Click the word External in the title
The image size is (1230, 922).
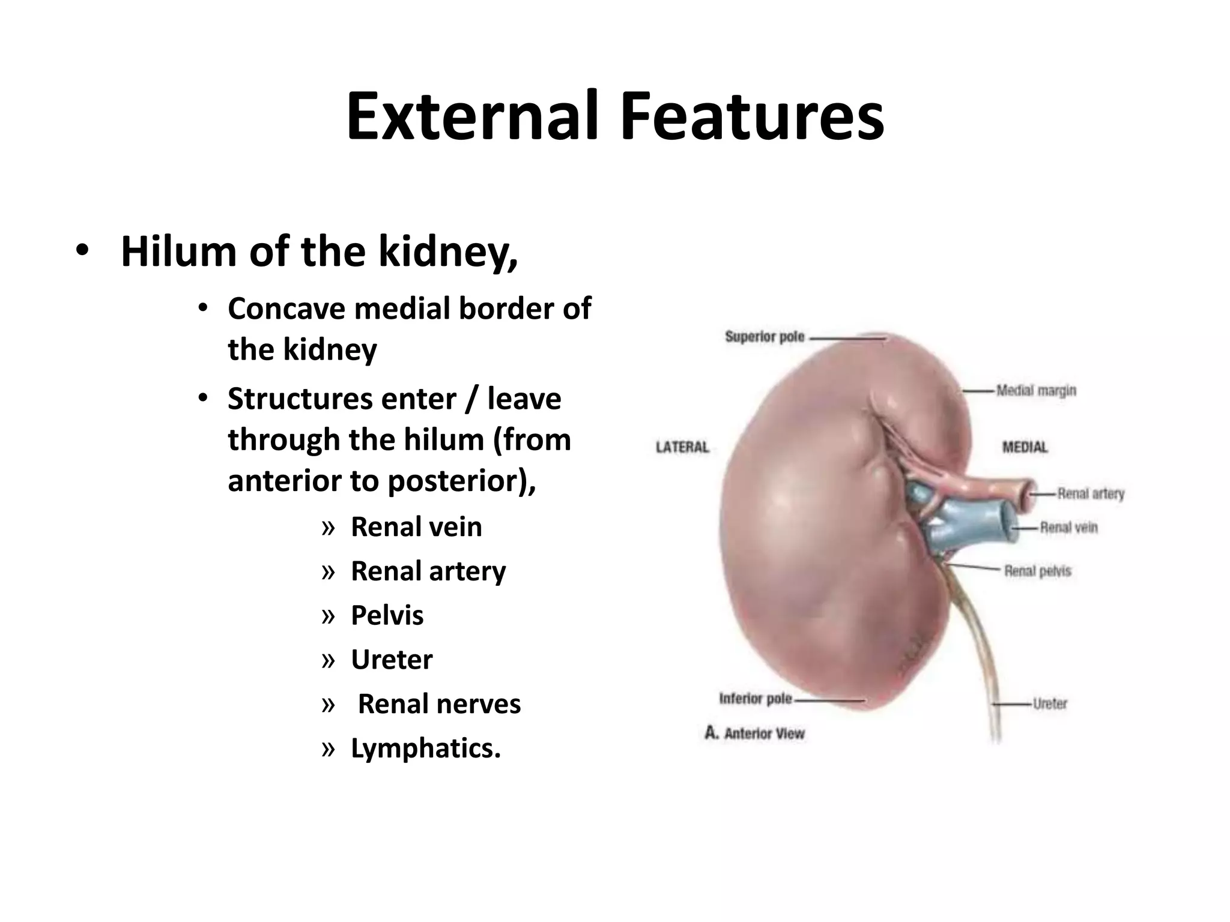point(472,116)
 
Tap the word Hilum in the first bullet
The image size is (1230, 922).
point(179,252)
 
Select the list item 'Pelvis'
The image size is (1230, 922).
point(387,615)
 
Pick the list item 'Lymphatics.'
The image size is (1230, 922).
point(425,749)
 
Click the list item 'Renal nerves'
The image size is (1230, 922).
point(439,704)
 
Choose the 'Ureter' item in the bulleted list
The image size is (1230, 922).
point(392,660)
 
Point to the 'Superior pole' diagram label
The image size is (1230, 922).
point(764,337)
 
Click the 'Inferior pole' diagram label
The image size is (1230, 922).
point(755,699)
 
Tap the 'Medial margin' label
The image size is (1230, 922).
point(1036,391)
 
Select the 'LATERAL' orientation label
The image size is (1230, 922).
point(682,447)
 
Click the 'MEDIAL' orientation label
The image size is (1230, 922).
point(1025,447)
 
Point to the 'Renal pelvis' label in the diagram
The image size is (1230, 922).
point(1037,571)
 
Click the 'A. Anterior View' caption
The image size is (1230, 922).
point(754,734)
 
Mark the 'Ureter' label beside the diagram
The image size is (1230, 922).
point(1050,704)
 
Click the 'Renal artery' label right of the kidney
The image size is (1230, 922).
point(1090,494)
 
